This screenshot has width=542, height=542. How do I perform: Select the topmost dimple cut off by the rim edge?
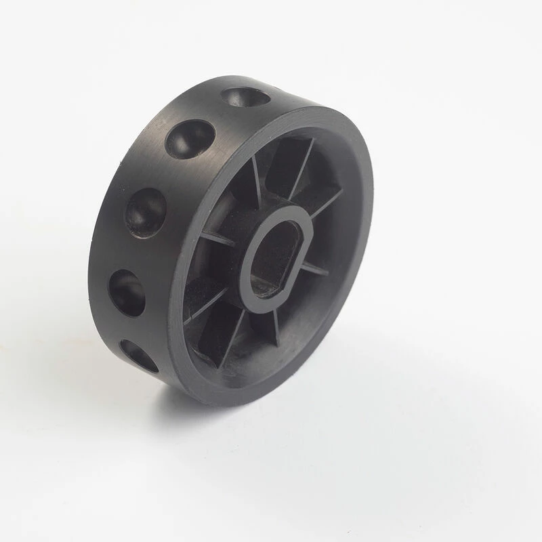click(x=246, y=98)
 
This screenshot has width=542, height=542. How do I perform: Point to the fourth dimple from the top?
click(x=127, y=291)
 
